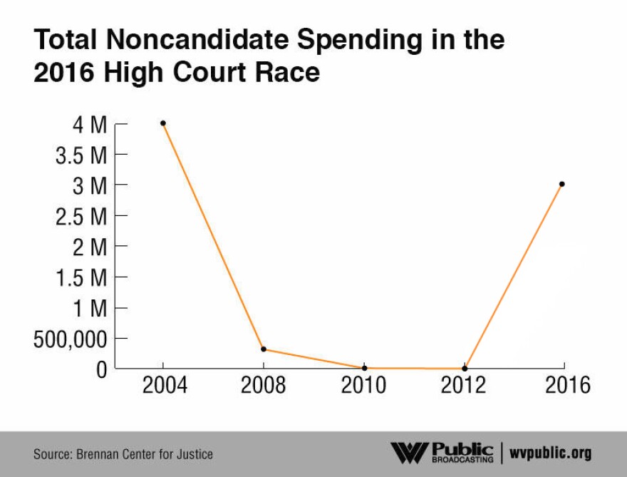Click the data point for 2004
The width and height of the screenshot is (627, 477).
coord(163,123)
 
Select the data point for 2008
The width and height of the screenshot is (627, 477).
coord(264,349)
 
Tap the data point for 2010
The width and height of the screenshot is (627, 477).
coord(364,368)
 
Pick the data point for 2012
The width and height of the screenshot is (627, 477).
coord(465,368)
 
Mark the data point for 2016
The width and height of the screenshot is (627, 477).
coord(562,184)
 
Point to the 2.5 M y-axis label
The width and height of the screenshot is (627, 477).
coord(81,217)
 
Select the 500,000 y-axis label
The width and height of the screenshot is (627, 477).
coord(70,339)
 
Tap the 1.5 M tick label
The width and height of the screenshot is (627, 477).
coord(81,278)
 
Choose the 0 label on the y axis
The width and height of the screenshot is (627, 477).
coord(100,369)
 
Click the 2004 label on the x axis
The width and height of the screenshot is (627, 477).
coord(165,386)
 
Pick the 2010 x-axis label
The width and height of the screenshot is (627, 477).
coord(364,386)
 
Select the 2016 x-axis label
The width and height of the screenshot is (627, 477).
coord(568,386)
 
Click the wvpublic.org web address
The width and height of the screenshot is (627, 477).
coord(551,453)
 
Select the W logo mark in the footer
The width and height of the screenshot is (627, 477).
coord(409,453)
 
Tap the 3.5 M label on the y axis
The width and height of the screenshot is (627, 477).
coord(81,155)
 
